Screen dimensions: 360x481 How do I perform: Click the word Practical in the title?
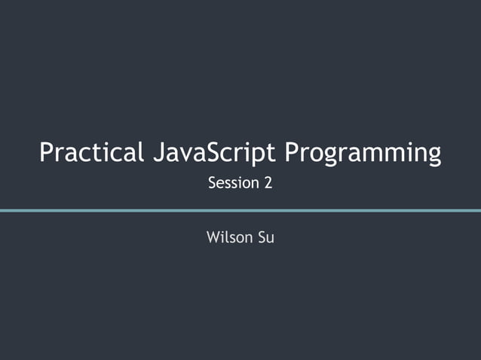pos(90,153)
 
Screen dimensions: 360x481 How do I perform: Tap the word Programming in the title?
pos(363,154)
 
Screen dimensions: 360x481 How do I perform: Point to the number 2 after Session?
pos(268,183)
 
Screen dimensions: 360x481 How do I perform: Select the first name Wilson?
pos(228,238)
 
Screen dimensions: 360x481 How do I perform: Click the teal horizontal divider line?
pos(240,210)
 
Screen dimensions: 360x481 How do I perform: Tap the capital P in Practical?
pos(47,153)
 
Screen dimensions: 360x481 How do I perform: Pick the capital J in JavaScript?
pos(156,153)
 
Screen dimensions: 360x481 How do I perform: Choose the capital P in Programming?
pos(293,153)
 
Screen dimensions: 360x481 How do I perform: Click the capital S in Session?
pos(212,183)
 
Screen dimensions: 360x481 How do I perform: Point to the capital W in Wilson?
pos(213,238)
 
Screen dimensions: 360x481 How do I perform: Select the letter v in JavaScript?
pos(186,155)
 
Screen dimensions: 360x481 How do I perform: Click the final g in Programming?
pos(433,157)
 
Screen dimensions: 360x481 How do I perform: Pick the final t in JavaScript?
pos(276,154)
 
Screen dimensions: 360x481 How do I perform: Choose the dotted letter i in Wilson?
pos(223,237)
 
